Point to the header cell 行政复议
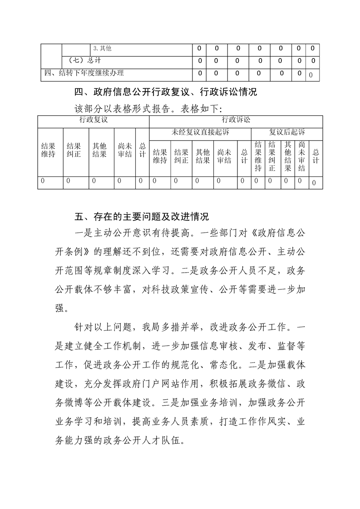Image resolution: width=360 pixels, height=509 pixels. pyautogui.click(x=93, y=120)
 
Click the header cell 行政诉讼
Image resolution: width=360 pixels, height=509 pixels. pyautogui.click(x=236, y=120)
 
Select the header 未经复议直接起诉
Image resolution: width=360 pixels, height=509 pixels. pyautogui.click(x=200, y=132)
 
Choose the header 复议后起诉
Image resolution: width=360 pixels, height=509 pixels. pyautogui.click(x=286, y=132)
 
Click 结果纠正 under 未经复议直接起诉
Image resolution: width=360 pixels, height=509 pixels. pyautogui.click(x=181, y=156)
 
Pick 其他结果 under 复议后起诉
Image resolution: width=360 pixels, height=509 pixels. pyautogui.click(x=287, y=156)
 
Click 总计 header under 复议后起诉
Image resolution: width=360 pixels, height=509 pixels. pyautogui.click(x=316, y=156)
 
